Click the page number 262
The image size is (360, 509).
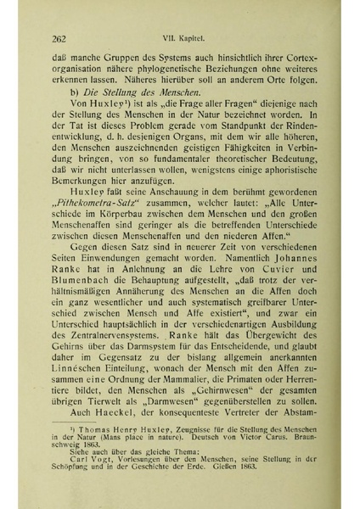click(59, 38)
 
